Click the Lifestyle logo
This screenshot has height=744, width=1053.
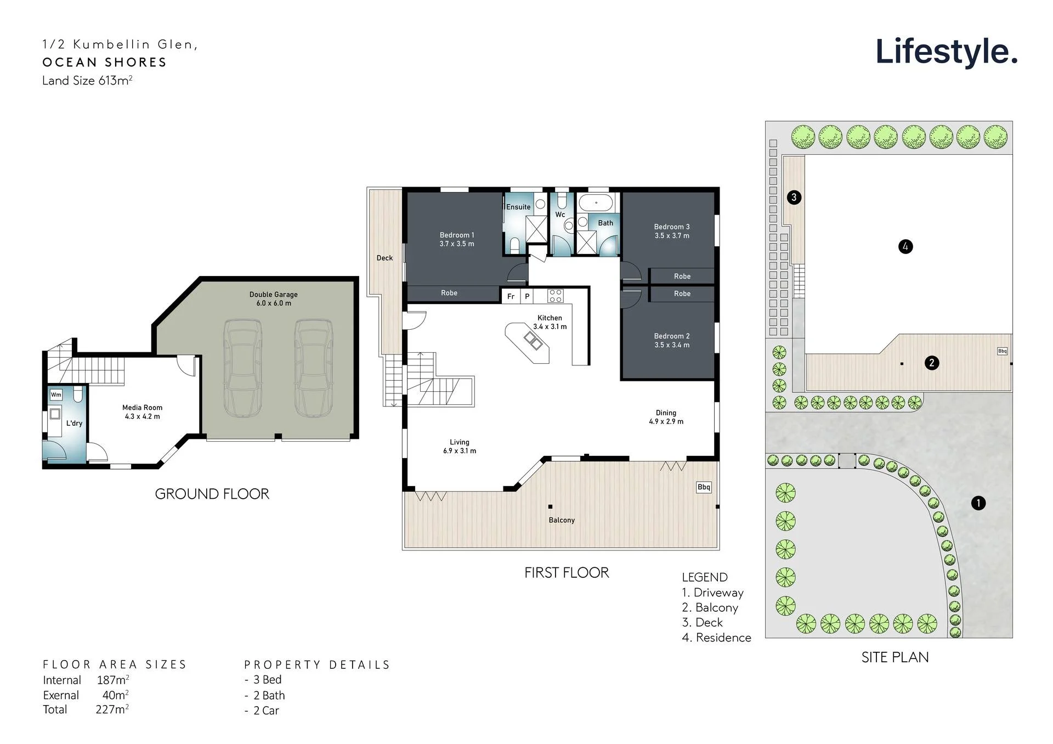pos(947,53)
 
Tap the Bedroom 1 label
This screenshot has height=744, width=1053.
pos(457,239)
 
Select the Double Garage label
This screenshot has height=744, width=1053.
pos(274,298)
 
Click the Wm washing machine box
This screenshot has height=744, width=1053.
pos(56,394)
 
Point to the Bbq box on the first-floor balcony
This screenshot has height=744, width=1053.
pos(704,487)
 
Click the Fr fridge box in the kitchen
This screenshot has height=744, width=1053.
pos(511,296)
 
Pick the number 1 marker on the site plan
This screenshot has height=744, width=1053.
pos(978,503)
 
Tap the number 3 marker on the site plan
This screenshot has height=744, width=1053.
pos(794,197)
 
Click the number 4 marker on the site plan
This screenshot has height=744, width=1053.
pos(905,246)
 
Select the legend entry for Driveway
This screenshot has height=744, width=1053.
pos(712,593)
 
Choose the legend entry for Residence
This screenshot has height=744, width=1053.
pos(716,638)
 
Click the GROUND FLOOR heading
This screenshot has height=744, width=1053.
pos(212,494)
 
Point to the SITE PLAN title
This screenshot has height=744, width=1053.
pos(895,657)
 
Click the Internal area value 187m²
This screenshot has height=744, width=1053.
pos(113,680)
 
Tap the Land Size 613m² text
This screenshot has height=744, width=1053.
pos(87,81)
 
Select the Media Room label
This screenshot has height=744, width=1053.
pos(142,412)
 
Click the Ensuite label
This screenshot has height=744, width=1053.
pos(518,207)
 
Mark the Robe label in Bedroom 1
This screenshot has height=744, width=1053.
pos(449,293)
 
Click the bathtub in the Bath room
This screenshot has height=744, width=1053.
pos(596,202)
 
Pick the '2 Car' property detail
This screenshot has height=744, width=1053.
pos(262,711)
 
